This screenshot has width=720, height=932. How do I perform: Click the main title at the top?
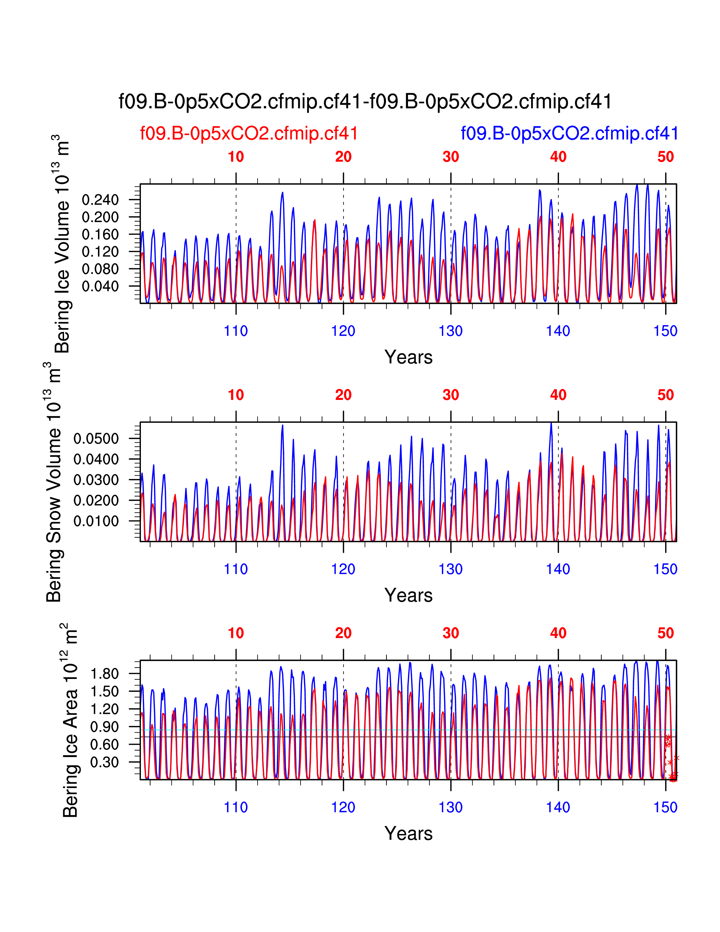(365, 102)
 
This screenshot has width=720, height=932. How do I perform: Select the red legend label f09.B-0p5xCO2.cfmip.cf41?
(249, 134)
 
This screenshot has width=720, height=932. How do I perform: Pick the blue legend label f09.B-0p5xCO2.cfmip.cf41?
(570, 134)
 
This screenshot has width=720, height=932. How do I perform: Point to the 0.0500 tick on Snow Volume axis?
(96, 439)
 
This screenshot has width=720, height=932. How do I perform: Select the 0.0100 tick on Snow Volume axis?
(96, 521)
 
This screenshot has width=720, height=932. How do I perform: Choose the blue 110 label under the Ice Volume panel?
(236, 331)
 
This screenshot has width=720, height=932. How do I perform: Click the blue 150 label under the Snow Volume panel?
(666, 569)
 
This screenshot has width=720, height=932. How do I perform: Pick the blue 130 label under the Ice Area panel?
(451, 807)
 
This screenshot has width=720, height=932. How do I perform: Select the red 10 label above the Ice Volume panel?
(236, 157)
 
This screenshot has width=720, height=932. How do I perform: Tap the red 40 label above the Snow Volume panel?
(558, 395)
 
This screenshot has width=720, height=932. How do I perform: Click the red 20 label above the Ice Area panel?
(343, 633)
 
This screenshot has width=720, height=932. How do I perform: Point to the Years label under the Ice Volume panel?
(408, 357)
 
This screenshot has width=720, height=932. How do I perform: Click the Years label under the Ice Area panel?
(408, 833)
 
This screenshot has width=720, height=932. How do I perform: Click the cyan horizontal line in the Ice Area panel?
(384, 730)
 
